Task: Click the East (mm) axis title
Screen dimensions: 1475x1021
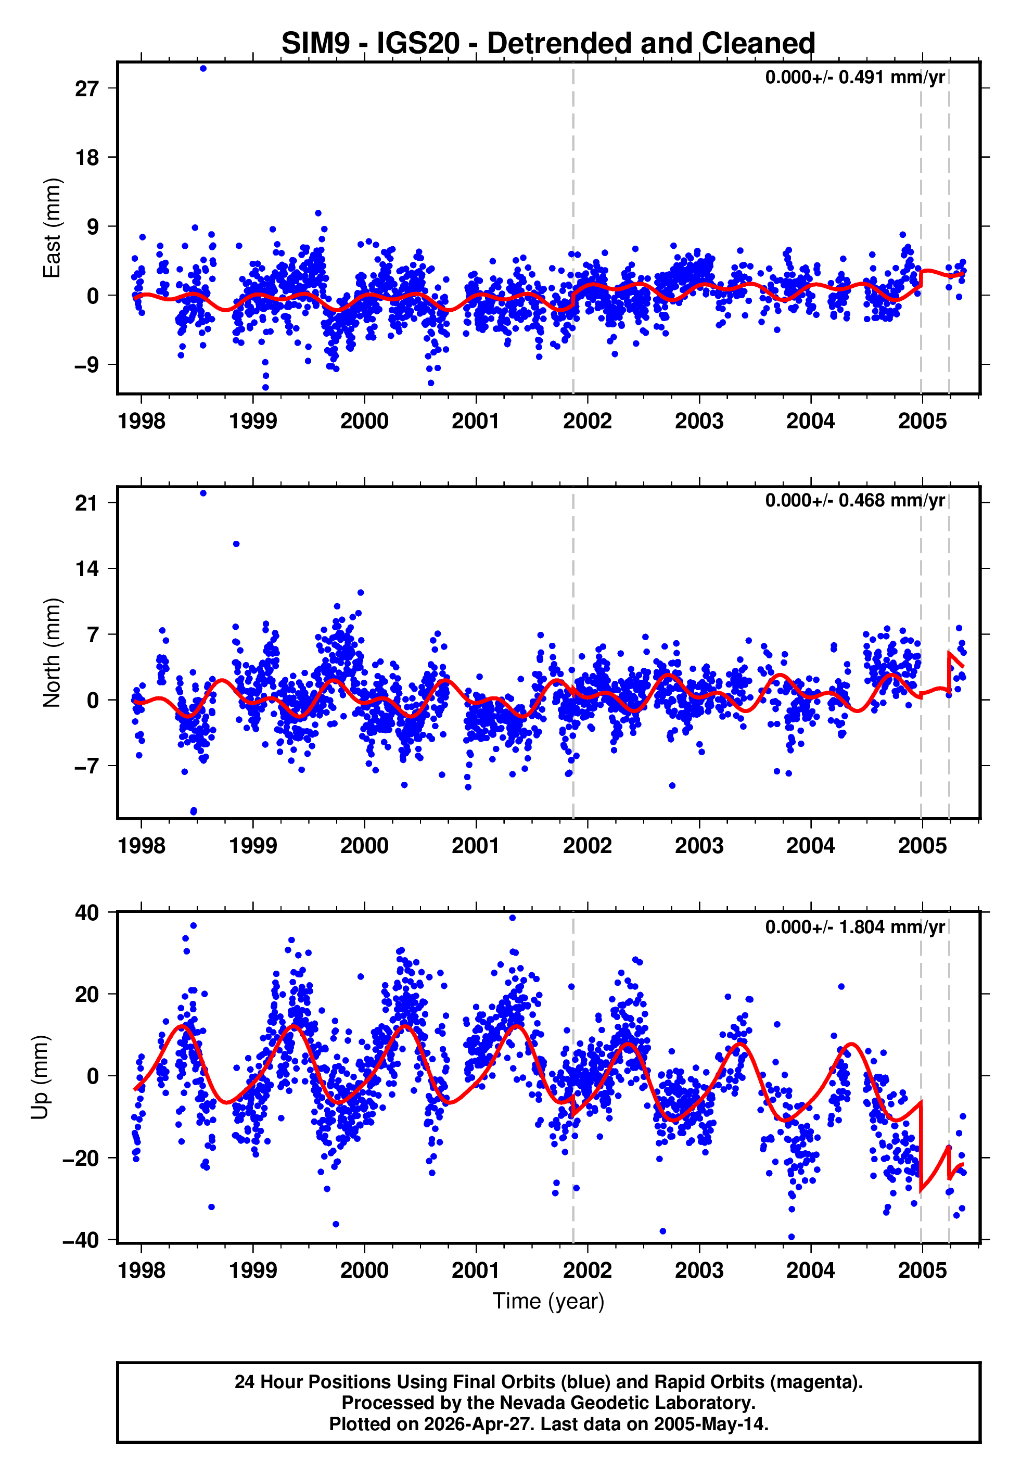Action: click(x=52, y=228)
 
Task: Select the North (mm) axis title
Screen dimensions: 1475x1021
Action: click(x=52, y=653)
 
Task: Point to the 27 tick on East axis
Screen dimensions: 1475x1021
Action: click(x=86, y=88)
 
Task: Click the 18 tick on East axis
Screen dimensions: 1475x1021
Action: click(x=86, y=157)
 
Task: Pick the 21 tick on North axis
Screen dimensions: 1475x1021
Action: click(x=86, y=503)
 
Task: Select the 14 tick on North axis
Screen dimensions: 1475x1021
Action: click(x=86, y=569)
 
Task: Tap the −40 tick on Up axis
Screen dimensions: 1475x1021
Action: click(x=81, y=1241)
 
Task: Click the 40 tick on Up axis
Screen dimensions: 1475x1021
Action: click(x=86, y=913)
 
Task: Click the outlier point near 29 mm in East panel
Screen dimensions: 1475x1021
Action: click(x=203, y=68)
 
